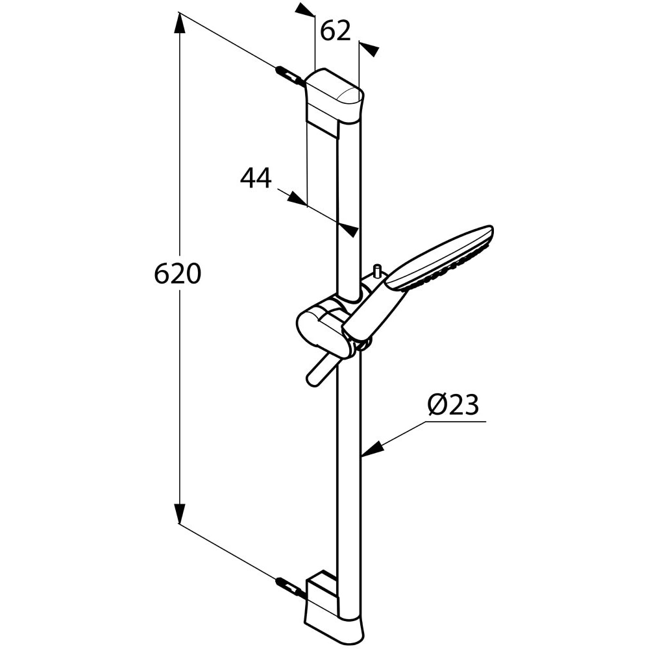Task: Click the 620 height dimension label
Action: [177, 275]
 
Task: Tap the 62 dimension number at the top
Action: [336, 31]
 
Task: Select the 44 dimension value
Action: [256, 178]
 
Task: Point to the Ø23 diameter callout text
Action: [453, 406]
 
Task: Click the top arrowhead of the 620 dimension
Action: [180, 23]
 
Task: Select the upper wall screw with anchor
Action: [289, 76]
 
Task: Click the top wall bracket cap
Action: [334, 97]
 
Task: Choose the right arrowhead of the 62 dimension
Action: [369, 49]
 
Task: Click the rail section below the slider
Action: [349, 467]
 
